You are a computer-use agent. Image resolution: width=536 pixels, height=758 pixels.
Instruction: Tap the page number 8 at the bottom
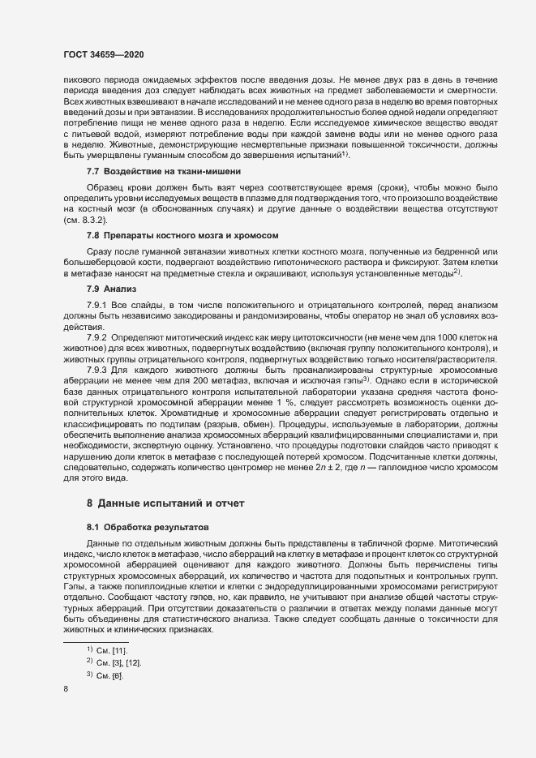pyautogui.click(x=66, y=689)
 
